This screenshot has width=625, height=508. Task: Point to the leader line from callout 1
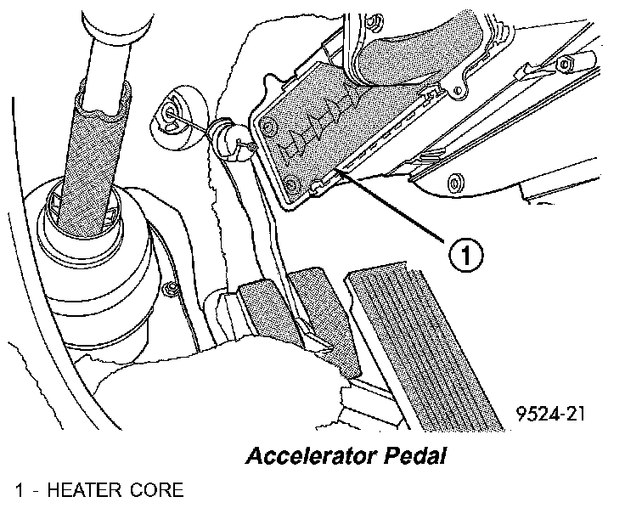(x=399, y=209)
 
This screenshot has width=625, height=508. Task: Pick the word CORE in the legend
(x=155, y=491)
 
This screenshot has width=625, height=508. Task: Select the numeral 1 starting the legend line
(x=19, y=491)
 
